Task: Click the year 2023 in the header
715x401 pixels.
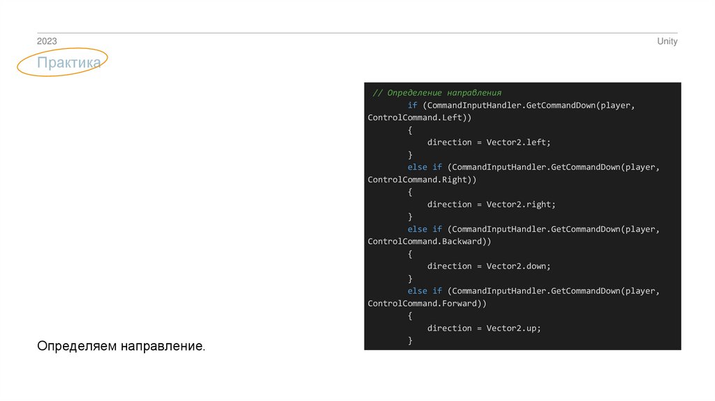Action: pyautogui.click(x=47, y=42)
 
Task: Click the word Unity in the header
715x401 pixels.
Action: pyautogui.click(x=667, y=42)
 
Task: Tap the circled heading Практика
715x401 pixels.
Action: pyautogui.click(x=69, y=63)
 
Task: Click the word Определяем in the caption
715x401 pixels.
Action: pyautogui.click(x=77, y=347)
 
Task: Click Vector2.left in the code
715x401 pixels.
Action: pyautogui.click(x=518, y=143)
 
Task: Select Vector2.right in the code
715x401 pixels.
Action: pyautogui.click(x=521, y=205)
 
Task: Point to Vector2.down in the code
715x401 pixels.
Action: pyautogui.click(x=518, y=266)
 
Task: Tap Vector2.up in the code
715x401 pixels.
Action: pyautogui.click(x=513, y=328)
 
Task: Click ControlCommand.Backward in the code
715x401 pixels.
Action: pyautogui.click(x=427, y=242)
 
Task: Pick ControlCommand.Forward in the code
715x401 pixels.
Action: pyautogui.click(x=425, y=304)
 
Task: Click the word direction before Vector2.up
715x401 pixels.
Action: pyautogui.click(x=449, y=328)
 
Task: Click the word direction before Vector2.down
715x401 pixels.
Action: pyautogui.click(x=449, y=266)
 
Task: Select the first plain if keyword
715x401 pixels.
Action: pyautogui.click(x=413, y=105)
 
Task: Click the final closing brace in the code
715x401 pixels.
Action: pyautogui.click(x=411, y=341)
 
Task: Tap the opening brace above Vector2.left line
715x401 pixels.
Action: pyautogui.click(x=411, y=130)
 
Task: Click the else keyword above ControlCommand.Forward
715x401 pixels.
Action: pyautogui.click(x=418, y=291)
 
